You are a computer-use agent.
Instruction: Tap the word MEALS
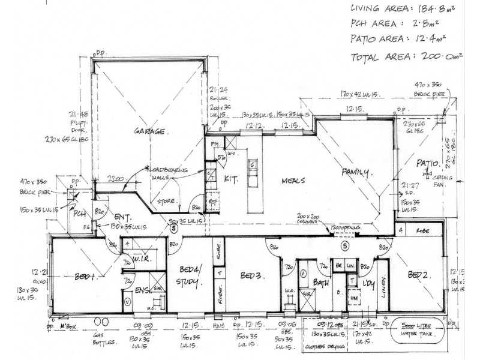[x=292, y=180]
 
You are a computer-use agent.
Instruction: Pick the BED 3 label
[x=250, y=275]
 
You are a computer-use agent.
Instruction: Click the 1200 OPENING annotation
[x=344, y=228]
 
